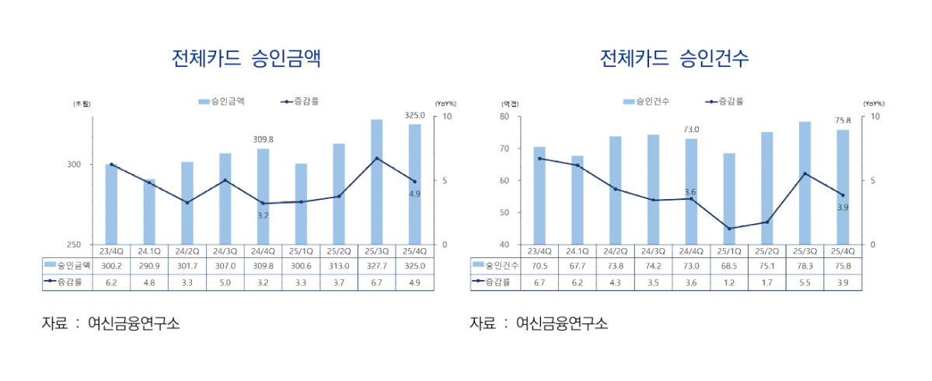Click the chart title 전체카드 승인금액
pyautogui.click(x=246, y=59)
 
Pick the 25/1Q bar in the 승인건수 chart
pyautogui.click(x=729, y=198)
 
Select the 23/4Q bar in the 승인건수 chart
pyautogui.click(x=539, y=195)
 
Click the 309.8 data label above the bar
pyautogui.click(x=264, y=139)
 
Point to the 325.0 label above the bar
pyautogui.click(x=415, y=115)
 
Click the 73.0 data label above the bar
pyautogui.click(x=691, y=129)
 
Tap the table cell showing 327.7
pyautogui.click(x=376, y=265)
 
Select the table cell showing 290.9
pyautogui.click(x=148, y=265)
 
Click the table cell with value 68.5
pyautogui.click(x=729, y=265)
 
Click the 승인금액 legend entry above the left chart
pyautogui.click(x=222, y=101)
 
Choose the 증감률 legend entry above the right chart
pyautogui.click(x=725, y=101)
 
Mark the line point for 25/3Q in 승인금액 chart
pyautogui.click(x=376, y=159)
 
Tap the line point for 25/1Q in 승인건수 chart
pyautogui.click(x=729, y=229)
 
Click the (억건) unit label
pyautogui.click(x=510, y=103)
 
